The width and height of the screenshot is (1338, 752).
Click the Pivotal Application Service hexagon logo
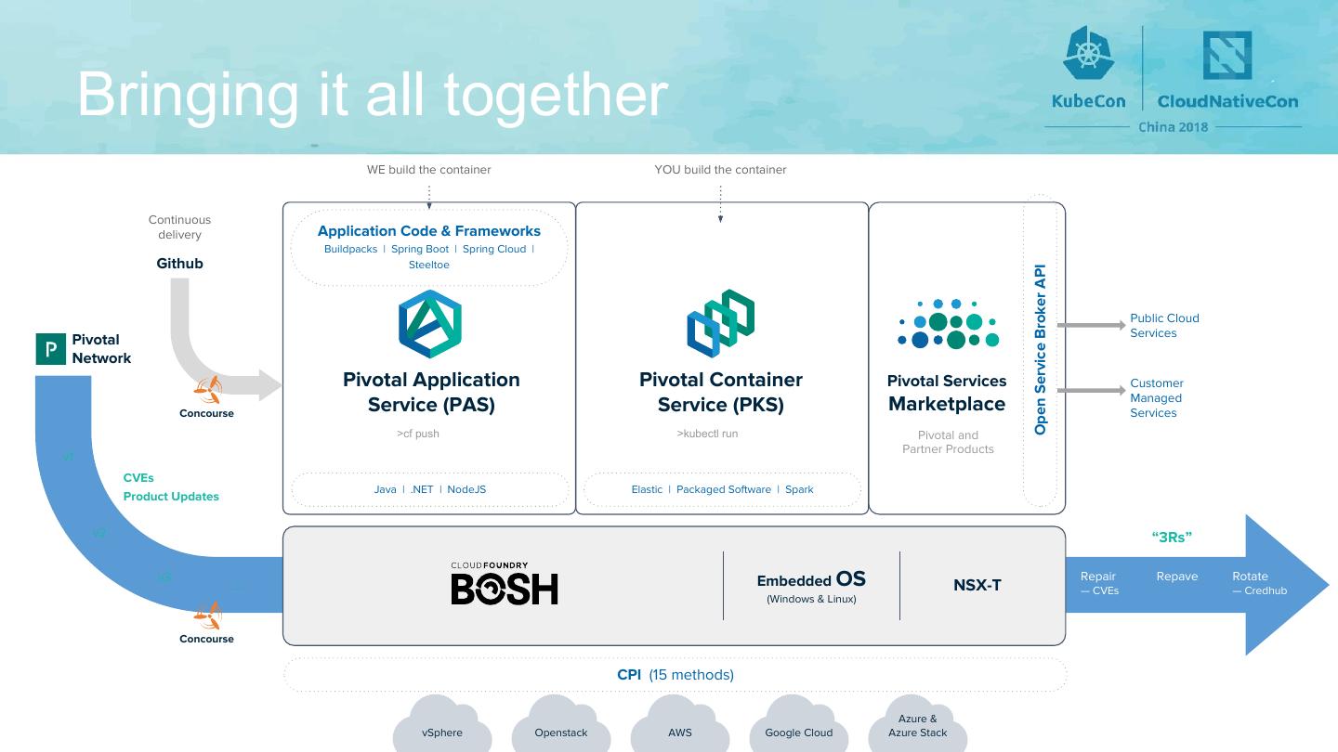click(x=430, y=324)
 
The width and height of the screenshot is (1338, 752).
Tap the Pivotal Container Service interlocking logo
click(x=721, y=322)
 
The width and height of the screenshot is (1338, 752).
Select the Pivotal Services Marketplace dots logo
click(x=948, y=325)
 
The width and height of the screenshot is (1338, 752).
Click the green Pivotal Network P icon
click(x=51, y=349)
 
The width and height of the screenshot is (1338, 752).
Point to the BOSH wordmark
click(x=505, y=589)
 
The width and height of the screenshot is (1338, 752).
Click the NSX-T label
click(x=977, y=585)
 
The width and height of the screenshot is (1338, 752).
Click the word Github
click(x=179, y=264)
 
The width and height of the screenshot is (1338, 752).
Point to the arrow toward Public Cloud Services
click(x=1091, y=326)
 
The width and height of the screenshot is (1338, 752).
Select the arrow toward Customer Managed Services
click(x=1091, y=391)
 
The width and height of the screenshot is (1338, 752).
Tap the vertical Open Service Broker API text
click(x=1041, y=350)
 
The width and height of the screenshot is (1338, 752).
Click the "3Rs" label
click(x=1172, y=537)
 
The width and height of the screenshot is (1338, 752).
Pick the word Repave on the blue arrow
click(x=1177, y=577)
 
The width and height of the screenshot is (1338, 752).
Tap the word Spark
click(x=799, y=489)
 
